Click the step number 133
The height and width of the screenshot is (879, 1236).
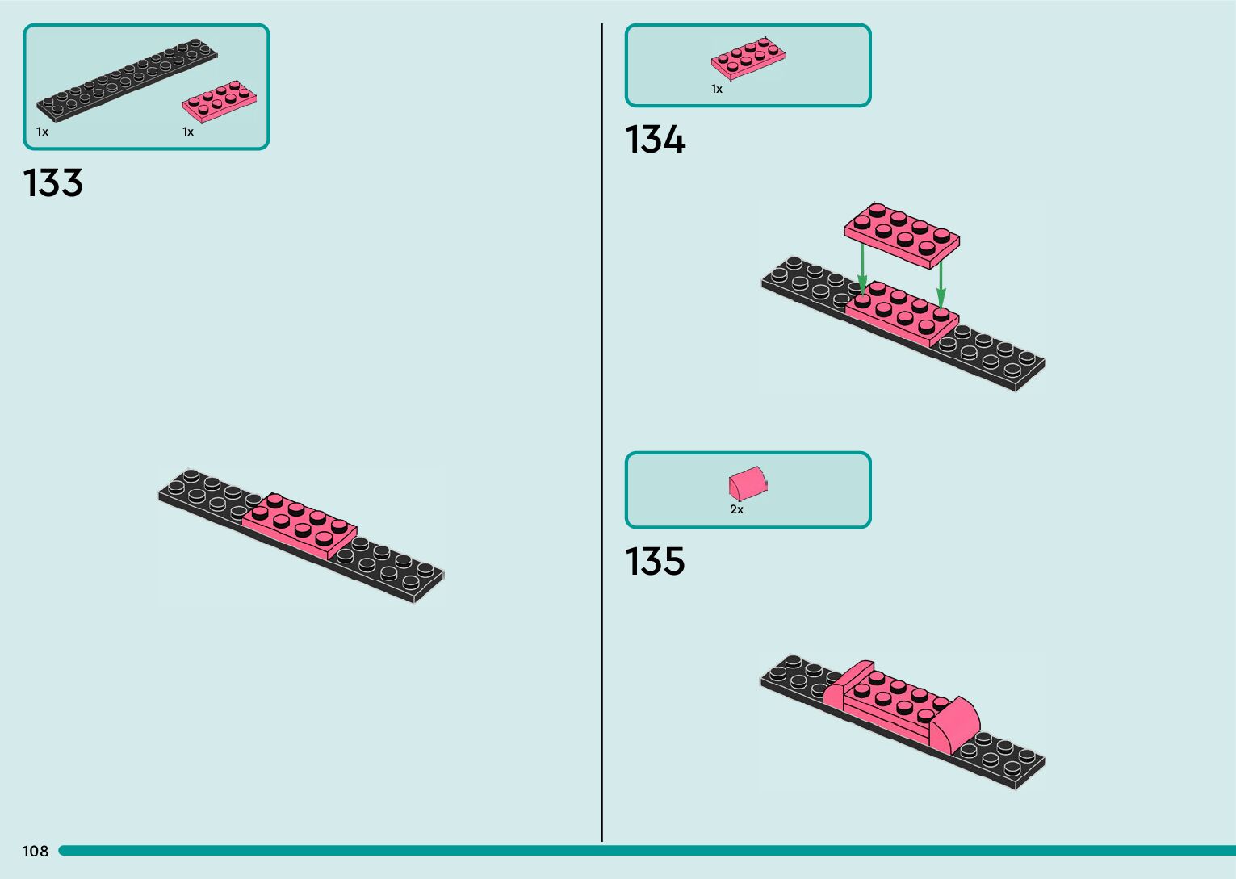53,183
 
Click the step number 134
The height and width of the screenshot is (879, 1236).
655,140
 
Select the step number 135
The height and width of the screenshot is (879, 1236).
655,561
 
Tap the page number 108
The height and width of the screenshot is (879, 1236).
36,851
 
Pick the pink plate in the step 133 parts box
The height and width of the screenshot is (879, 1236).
220,101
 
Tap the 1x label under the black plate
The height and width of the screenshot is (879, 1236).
42,132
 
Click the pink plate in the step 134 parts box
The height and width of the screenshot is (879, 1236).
748,57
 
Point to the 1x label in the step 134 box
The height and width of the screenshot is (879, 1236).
717,90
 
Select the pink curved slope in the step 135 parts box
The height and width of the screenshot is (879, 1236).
748,483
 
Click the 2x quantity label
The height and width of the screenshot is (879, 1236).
736,509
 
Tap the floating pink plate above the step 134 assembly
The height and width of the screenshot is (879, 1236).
902,232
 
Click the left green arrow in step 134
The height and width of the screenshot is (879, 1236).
863,269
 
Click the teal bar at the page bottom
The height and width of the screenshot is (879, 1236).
646,851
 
